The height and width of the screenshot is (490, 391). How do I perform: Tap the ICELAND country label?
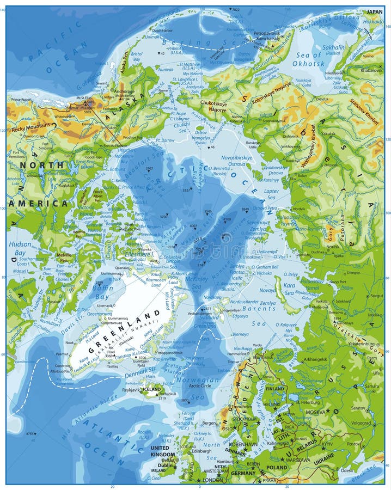(x=151, y=389)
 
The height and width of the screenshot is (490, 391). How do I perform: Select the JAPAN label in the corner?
(x=374, y=11)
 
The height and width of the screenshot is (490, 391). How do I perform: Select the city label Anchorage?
(x=125, y=91)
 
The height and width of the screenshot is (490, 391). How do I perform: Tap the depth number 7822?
(x=235, y=10)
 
